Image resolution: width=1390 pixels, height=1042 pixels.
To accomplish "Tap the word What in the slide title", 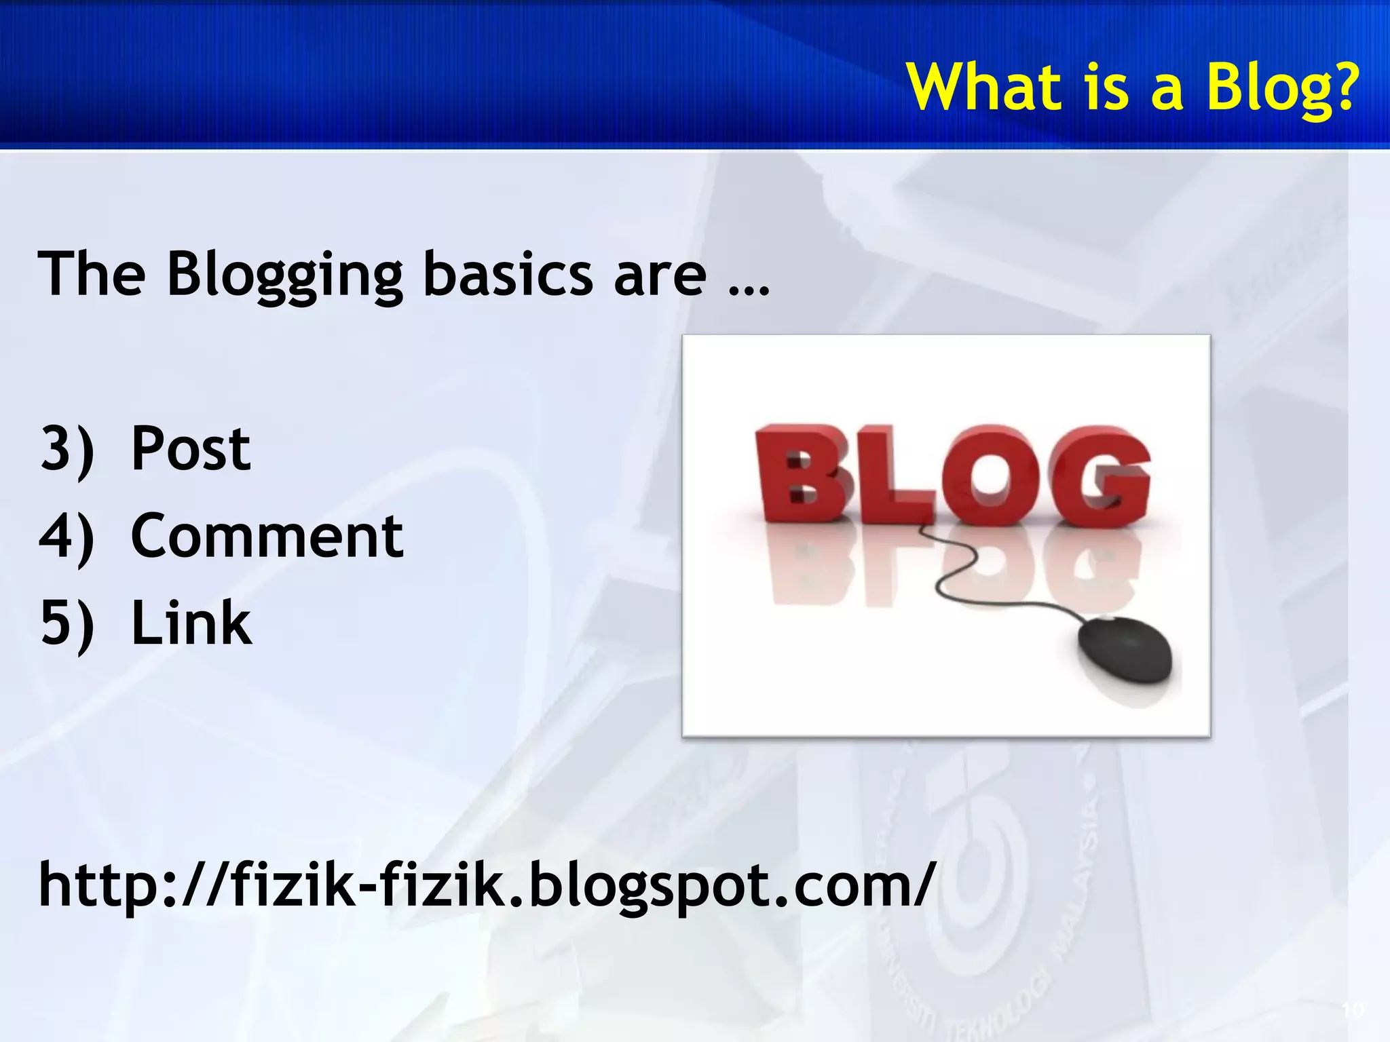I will point(984,87).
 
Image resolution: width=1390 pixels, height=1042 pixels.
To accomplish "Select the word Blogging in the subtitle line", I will point(285,275).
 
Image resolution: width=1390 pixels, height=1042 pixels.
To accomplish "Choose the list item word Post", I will point(191,449).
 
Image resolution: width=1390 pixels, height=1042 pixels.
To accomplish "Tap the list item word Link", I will point(191,623).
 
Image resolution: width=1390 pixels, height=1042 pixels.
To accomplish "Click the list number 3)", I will point(67,449).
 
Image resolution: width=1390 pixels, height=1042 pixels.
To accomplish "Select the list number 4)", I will point(67,536).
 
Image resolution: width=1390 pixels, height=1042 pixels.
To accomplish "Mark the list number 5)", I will point(67,623).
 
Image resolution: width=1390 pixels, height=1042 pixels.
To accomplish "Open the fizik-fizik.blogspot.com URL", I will point(486,883).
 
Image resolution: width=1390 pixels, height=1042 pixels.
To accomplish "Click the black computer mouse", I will point(1125,651).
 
